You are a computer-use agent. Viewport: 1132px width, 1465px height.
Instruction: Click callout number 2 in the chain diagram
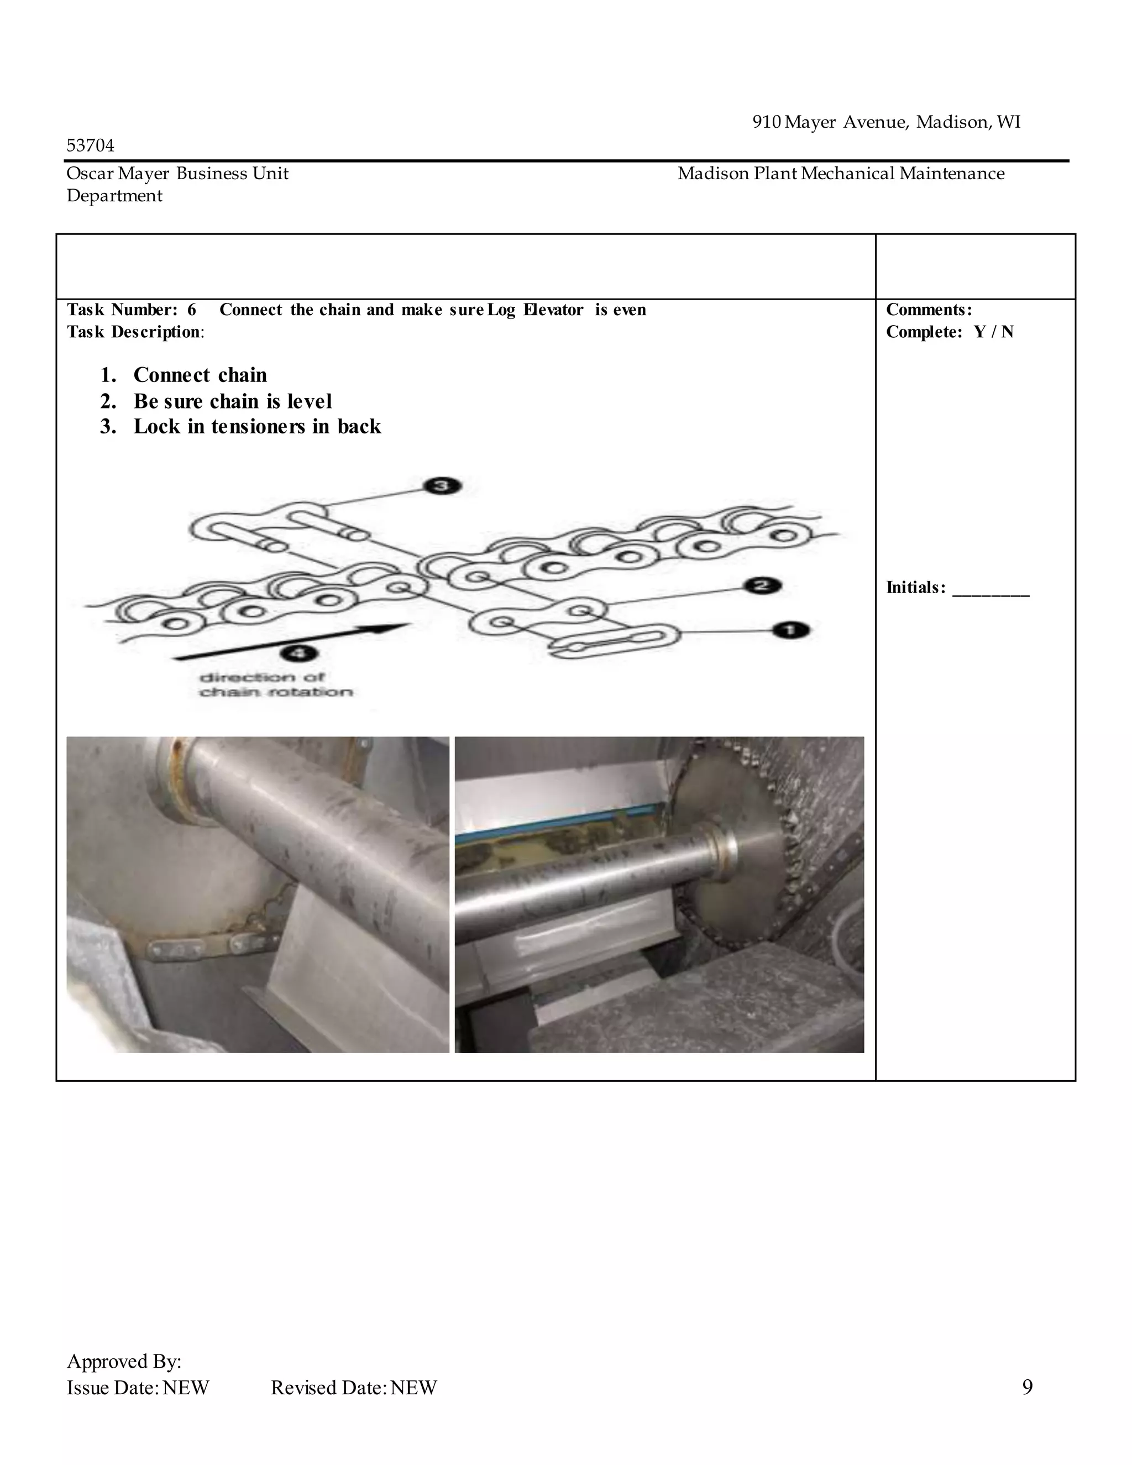point(762,585)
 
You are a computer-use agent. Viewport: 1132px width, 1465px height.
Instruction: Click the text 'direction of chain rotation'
point(276,684)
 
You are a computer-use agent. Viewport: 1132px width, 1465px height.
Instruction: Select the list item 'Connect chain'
point(200,374)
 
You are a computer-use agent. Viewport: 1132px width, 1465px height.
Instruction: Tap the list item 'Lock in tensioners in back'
point(257,427)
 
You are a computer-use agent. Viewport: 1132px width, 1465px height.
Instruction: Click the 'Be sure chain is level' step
point(232,401)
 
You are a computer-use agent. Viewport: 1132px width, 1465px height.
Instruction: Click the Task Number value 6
point(192,310)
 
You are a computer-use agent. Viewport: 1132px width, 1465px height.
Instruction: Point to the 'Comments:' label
point(928,310)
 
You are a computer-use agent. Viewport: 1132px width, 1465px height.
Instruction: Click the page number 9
point(1027,1386)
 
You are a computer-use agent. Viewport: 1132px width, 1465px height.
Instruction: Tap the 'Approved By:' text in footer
point(124,1361)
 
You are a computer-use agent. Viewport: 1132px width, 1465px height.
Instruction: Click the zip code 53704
point(91,145)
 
